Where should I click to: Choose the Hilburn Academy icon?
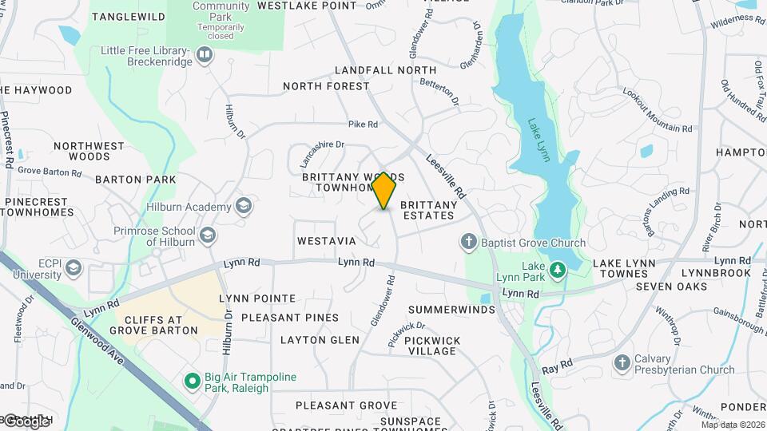click(x=244, y=207)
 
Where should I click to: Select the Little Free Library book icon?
click(x=205, y=55)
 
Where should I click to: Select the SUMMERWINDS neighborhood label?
click(x=447, y=309)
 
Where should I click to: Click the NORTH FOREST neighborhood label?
click(x=326, y=86)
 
